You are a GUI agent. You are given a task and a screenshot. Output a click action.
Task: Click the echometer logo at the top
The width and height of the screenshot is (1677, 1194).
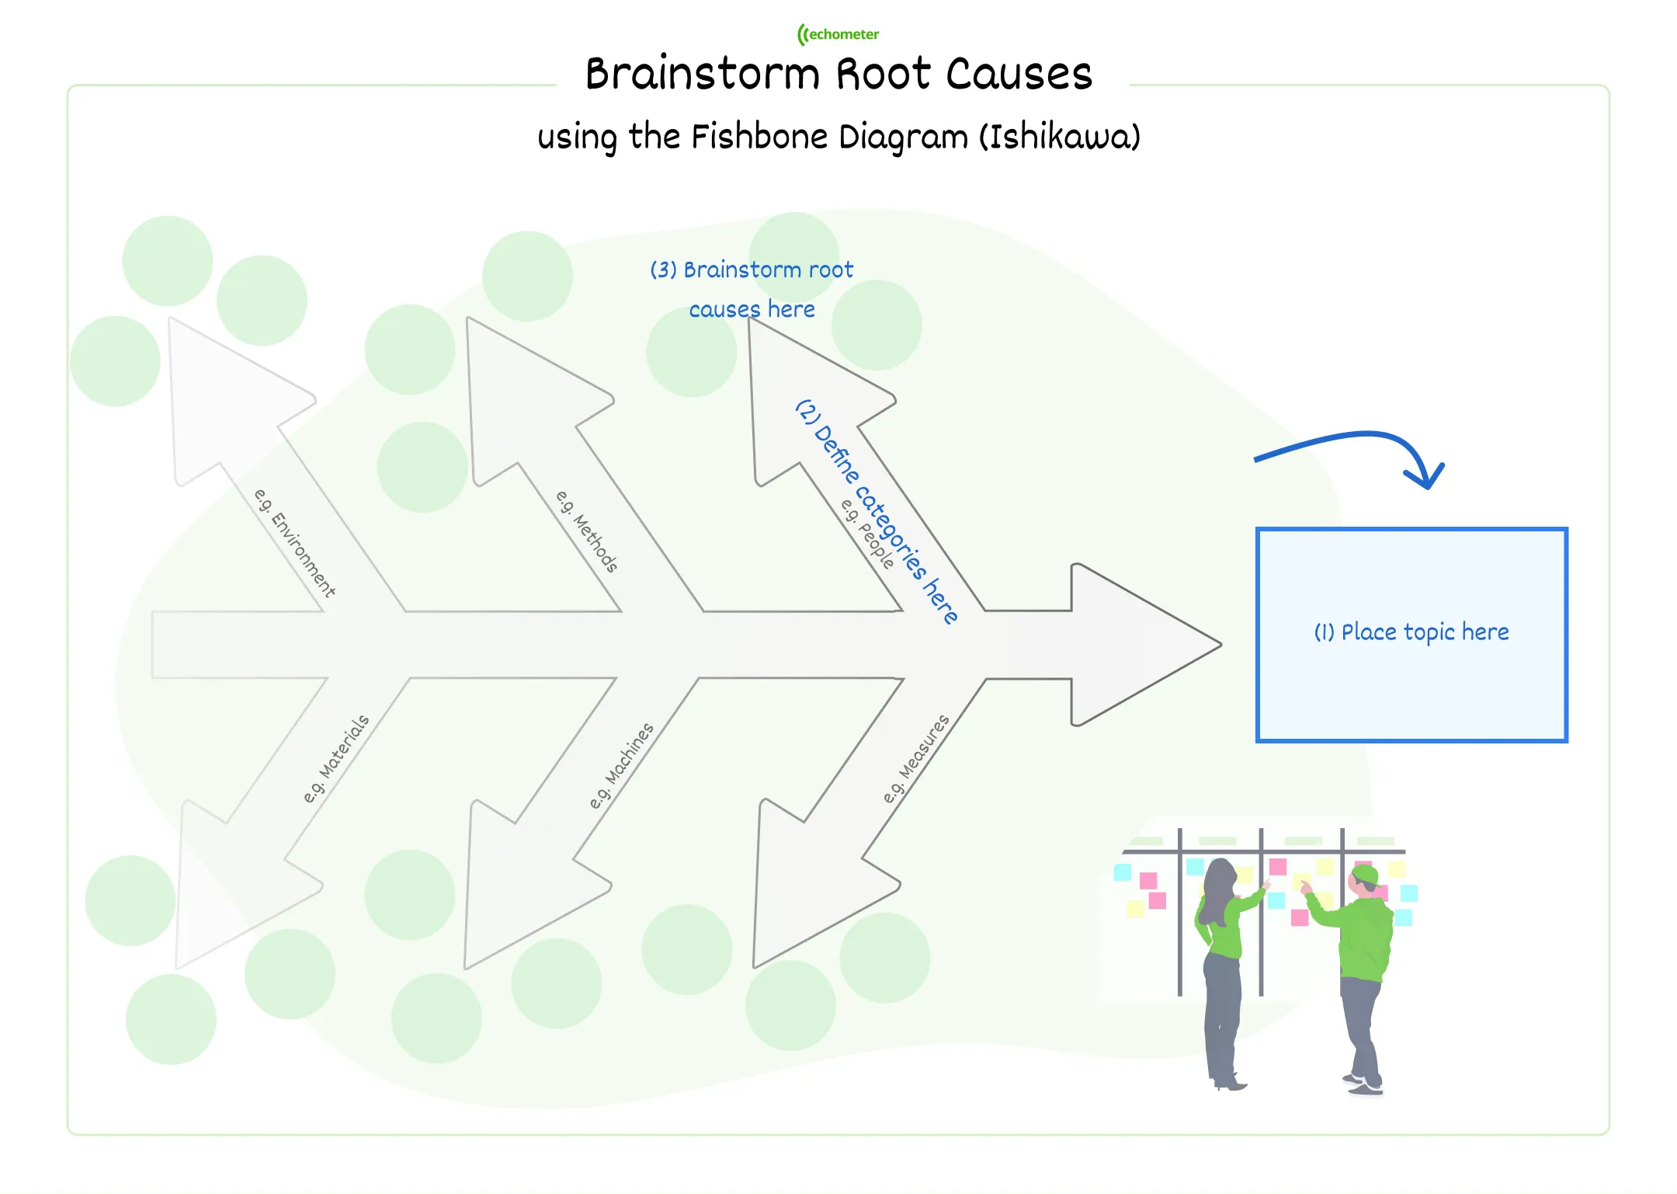(838, 34)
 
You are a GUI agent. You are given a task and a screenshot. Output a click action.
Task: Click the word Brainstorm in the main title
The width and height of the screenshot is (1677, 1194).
(702, 75)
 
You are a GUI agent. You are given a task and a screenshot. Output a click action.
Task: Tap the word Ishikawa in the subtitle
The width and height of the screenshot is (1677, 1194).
(1059, 138)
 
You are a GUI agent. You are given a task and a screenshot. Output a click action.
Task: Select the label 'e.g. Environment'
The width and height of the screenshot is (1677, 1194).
(295, 543)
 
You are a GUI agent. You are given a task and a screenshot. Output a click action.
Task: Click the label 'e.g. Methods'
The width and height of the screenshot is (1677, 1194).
(587, 532)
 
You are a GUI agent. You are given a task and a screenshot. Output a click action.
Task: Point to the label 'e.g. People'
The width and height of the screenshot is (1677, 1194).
(867, 534)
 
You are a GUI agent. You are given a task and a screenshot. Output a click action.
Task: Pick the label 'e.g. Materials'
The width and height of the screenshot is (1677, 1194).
(336, 759)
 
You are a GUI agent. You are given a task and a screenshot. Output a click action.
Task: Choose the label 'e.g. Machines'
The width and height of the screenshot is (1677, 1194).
(621, 766)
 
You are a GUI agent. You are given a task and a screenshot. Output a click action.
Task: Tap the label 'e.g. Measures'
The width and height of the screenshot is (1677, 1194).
(916, 759)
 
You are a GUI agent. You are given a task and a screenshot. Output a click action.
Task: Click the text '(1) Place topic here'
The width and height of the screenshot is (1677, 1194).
(1411, 632)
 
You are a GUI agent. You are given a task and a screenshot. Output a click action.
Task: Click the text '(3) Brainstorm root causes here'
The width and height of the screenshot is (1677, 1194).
(752, 289)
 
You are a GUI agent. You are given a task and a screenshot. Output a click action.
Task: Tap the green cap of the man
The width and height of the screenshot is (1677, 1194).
(1364, 875)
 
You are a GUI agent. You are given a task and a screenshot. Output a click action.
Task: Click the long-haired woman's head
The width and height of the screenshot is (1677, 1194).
(1219, 878)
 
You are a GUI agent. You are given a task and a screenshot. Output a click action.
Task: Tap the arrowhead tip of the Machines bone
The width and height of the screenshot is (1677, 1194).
(467, 967)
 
